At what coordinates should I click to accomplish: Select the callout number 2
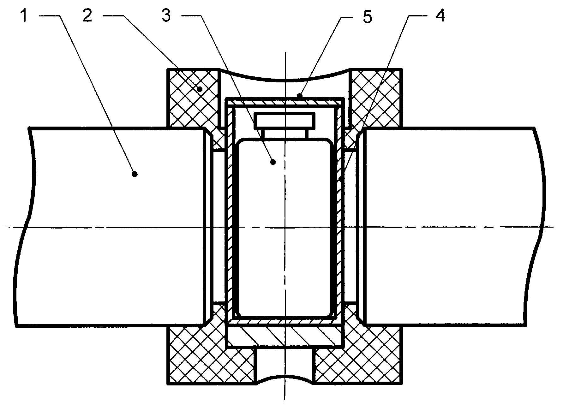(x=87, y=15)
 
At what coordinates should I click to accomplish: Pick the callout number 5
(x=368, y=16)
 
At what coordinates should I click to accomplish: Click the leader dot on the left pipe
(x=135, y=174)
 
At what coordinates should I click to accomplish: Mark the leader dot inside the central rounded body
(x=273, y=162)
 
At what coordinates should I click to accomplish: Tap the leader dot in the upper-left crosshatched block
(x=200, y=89)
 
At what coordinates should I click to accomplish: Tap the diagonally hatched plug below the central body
(x=285, y=335)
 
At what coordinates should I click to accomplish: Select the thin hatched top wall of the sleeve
(x=285, y=102)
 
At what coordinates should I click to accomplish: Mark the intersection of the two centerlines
(x=285, y=227)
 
